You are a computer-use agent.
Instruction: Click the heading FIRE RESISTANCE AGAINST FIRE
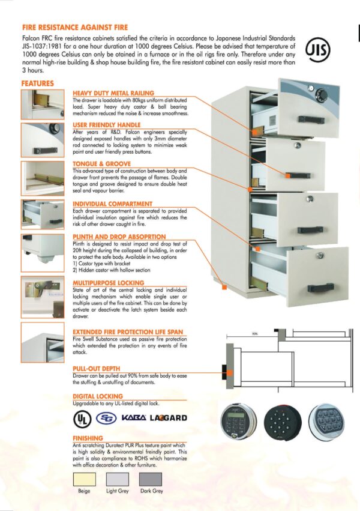point(75,27)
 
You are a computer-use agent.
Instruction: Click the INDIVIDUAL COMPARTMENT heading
point(112,204)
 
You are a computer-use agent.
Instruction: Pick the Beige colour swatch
point(84,479)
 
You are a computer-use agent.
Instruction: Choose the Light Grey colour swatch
point(118,479)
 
